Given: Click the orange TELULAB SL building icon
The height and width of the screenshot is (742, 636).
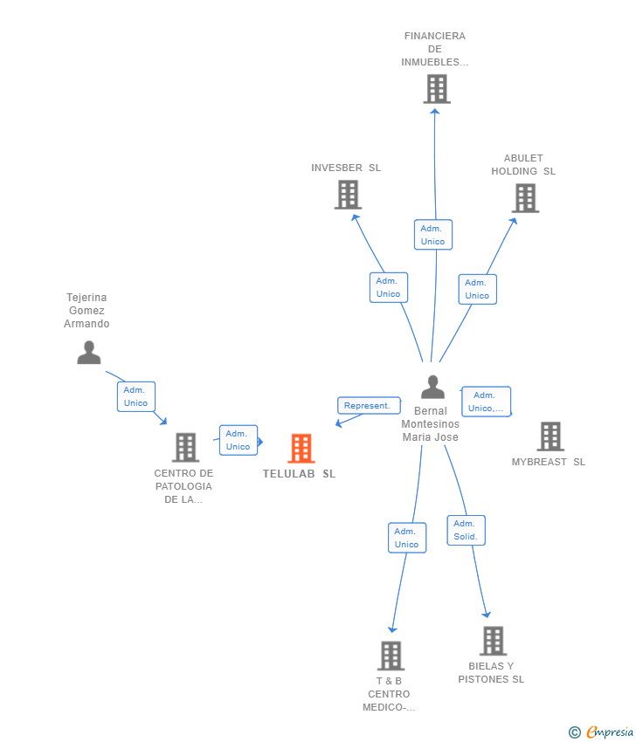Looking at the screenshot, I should click(x=301, y=448).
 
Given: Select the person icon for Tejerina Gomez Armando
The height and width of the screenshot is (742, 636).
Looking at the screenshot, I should click(x=88, y=353).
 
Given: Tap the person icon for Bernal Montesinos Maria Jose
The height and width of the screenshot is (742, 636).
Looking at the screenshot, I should click(x=432, y=386).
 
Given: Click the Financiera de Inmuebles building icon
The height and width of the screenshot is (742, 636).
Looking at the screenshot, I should click(x=436, y=89).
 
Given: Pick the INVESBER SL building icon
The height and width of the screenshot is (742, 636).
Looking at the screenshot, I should click(x=348, y=195).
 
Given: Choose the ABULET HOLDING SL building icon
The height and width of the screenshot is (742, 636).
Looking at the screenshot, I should click(x=525, y=198).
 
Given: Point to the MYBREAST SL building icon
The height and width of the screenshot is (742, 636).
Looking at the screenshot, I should click(x=550, y=436).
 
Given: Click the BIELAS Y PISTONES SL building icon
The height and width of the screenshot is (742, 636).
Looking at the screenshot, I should click(x=493, y=641).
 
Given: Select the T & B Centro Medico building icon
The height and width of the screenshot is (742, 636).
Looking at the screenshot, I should click(x=391, y=656).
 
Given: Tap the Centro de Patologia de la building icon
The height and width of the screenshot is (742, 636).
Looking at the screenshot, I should click(x=185, y=448).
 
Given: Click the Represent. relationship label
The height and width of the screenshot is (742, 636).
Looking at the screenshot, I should click(x=368, y=406).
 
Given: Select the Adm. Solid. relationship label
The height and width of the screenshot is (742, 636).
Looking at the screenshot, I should click(x=466, y=531).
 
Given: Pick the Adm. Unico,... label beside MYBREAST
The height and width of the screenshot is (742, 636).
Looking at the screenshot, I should click(x=486, y=402).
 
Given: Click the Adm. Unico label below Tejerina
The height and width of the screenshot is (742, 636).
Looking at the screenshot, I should click(x=135, y=396).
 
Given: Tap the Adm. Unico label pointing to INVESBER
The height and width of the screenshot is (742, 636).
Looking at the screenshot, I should click(x=388, y=287).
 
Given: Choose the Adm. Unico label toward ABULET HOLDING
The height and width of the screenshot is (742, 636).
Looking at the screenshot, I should click(x=477, y=289).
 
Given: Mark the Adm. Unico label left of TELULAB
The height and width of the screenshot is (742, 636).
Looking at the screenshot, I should click(x=238, y=440).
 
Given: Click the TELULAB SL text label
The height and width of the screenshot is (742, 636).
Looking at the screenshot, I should click(x=299, y=474).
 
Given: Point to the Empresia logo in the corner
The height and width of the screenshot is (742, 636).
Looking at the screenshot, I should click(x=601, y=732).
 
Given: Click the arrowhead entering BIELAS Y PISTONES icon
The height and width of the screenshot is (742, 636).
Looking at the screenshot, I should click(x=487, y=615).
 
